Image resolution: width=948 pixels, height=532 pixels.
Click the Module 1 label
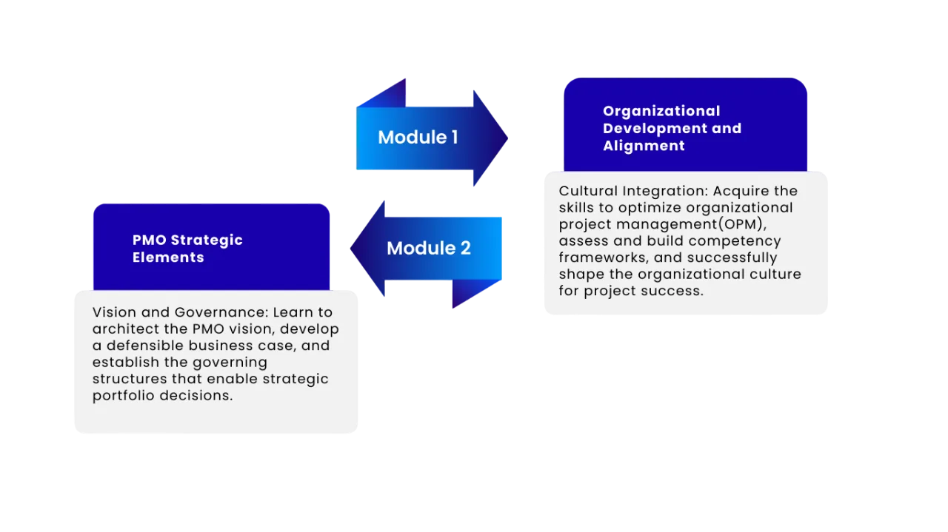click(418, 137)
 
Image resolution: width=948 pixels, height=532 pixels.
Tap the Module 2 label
click(428, 248)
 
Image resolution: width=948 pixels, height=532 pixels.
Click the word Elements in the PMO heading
click(168, 257)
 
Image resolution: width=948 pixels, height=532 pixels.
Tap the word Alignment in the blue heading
click(644, 146)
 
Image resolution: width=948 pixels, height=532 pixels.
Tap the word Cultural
click(586, 191)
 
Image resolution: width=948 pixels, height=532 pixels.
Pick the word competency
click(742, 241)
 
